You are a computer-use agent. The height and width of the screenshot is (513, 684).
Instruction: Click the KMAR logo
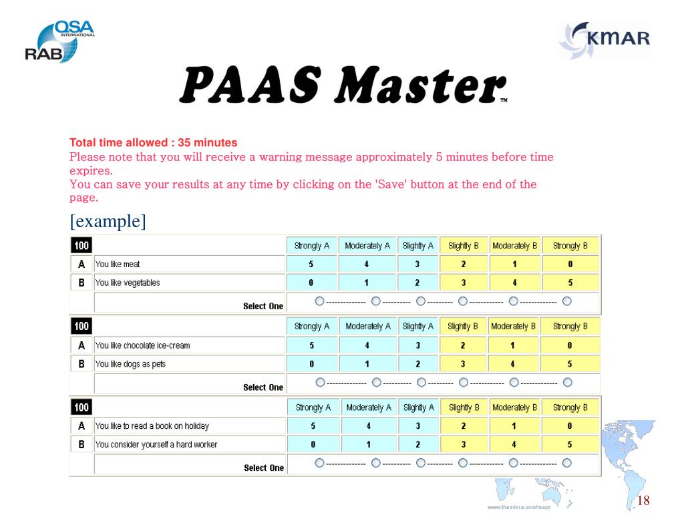pyautogui.click(x=605, y=39)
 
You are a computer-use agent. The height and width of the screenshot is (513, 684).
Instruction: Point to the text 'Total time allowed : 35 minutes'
pyautogui.click(x=154, y=143)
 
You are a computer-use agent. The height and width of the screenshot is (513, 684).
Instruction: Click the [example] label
pyautogui.click(x=108, y=221)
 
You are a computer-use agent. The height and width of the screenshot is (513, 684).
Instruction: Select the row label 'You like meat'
pyautogui.click(x=118, y=265)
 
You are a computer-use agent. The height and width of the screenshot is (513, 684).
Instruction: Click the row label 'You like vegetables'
pyautogui.click(x=128, y=283)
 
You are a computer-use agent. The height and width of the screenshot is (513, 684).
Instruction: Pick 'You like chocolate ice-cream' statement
pyautogui.click(x=143, y=345)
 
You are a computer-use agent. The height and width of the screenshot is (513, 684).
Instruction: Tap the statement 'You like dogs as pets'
pyautogui.click(x=130, y=364)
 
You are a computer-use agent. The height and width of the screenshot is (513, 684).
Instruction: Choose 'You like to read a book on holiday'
pyautogui.click(x=152, y=426)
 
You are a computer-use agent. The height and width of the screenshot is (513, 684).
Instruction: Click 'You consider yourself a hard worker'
pyautogui.click(x=156, y=444)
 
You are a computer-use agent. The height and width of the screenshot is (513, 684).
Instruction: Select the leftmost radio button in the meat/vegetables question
pyautogui.click(x=319, y=301)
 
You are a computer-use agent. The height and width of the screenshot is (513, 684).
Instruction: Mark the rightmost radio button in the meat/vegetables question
pyautogui.click(x=566, y=301)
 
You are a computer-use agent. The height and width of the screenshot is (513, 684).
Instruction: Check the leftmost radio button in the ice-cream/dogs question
pyautogui.click(x=320, y=383)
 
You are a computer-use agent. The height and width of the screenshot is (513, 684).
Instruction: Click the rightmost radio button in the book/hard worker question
pyautogui.click(x=567, y=463)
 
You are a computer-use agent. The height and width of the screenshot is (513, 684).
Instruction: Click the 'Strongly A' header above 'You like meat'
pyautogui.click(x=312, y=246)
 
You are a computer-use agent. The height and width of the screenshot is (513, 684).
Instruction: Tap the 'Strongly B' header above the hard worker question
pyautogui.click(x=570, y=407)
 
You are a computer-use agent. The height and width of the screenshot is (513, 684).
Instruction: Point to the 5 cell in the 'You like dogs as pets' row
pyautogui.click(x=570, y=364)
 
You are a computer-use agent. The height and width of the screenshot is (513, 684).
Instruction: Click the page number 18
pyautogui.click(x=644, y=502)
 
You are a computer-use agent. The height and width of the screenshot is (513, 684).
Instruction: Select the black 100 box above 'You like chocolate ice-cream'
pyautogui.click(x=81, y=327)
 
